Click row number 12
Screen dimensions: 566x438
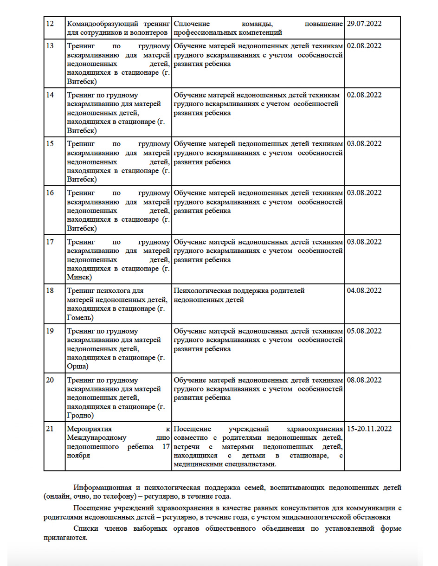coord(50,23)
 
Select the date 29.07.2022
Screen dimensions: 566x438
coord(364,23)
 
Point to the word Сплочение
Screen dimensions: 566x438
coord(192,23)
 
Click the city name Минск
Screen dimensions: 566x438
coord(80,277)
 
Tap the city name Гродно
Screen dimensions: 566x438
coord(80,415)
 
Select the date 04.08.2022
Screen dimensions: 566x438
coord(364,291)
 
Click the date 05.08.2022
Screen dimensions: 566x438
coord(364,331)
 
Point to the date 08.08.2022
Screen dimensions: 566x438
coord(364,380)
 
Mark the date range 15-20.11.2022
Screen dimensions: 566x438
coord(369,429)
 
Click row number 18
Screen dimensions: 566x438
coord(50,291)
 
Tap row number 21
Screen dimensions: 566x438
coord(50,429)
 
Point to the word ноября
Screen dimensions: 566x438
coord(78,456)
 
